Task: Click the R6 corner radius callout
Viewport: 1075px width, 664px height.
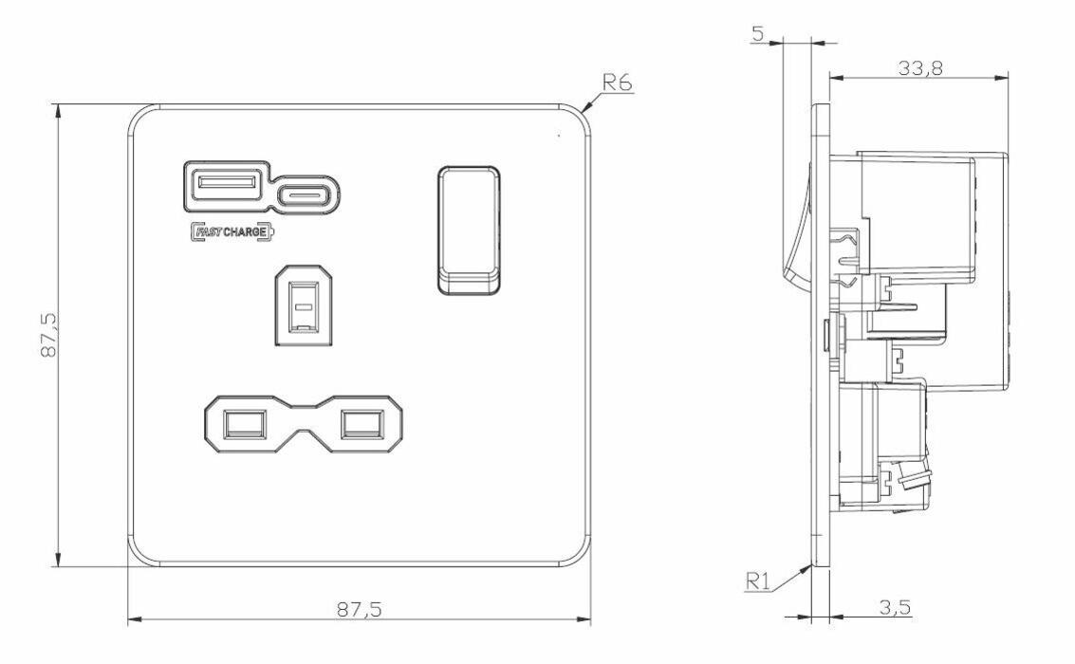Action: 619,82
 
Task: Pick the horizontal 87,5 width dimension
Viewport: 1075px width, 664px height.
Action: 359,609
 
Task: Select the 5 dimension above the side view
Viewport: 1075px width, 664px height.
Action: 757,34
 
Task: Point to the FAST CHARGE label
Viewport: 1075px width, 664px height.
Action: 232,231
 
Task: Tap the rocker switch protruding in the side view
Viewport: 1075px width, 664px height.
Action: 797,228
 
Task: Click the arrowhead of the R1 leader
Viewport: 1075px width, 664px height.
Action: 809,566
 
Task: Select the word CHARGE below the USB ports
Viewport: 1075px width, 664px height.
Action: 245,231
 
